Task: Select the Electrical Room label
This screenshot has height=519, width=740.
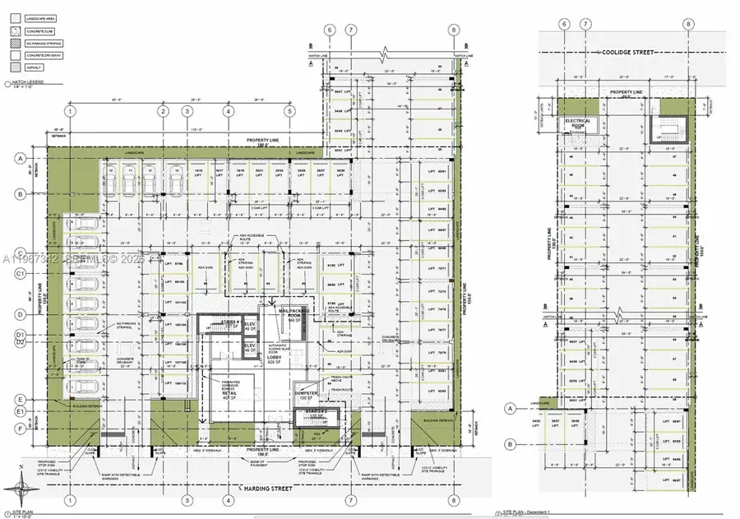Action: click(x=578, y=124)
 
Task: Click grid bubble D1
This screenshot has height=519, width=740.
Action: click(x=19, y=335)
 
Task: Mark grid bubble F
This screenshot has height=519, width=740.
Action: click(x=19, y=428)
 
